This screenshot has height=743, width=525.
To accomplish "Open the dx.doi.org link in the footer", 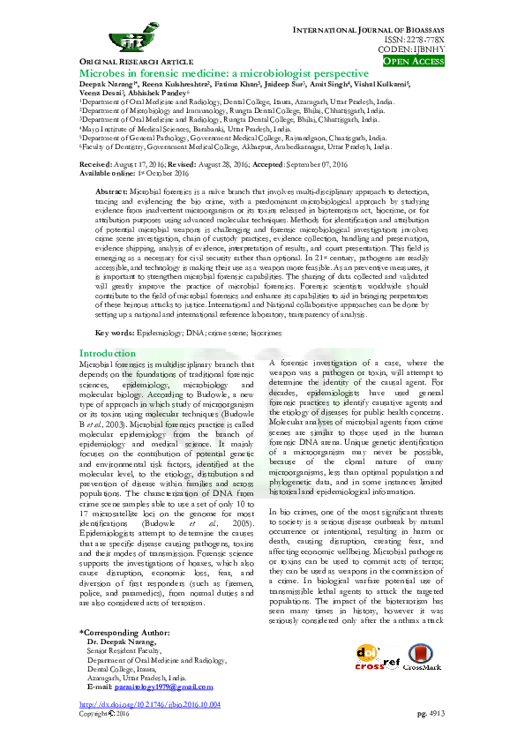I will [149, 705].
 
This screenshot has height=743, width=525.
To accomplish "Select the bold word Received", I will [94, 165].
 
